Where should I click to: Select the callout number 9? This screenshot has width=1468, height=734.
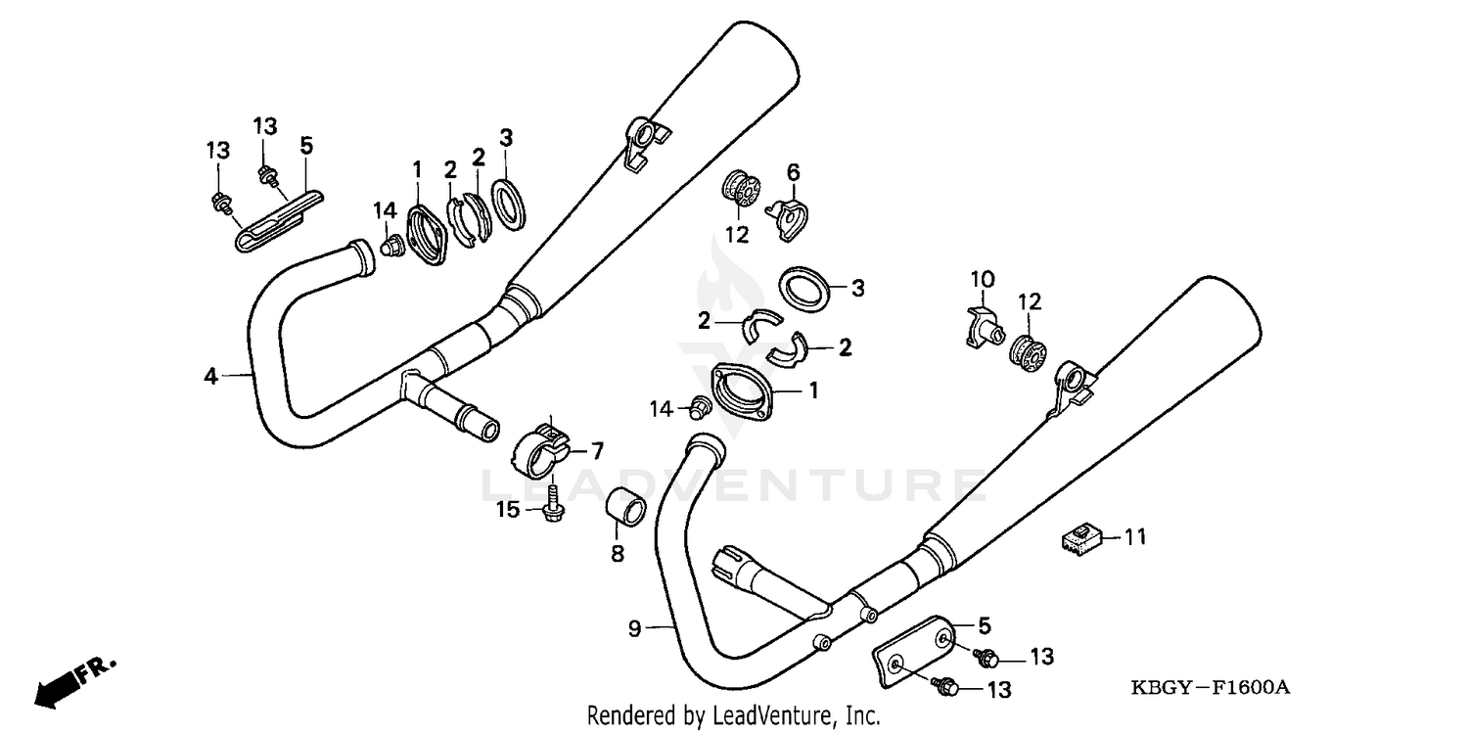click(x=634, y=628)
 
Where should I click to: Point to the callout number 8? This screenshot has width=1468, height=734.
click(x=618, y=553)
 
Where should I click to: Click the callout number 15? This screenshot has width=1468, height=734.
click(x=508, y=510)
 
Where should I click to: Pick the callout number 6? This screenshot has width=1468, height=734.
click(x=794, y=173)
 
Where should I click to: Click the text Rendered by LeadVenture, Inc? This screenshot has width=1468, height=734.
click(x=733, y=715)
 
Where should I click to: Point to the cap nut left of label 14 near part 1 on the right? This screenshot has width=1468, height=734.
click(x=701, y=405)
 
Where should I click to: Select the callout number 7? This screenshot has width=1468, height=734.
click(x=595, y=451)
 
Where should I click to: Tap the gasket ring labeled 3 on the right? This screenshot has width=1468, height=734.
click(x=804, y=288)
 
